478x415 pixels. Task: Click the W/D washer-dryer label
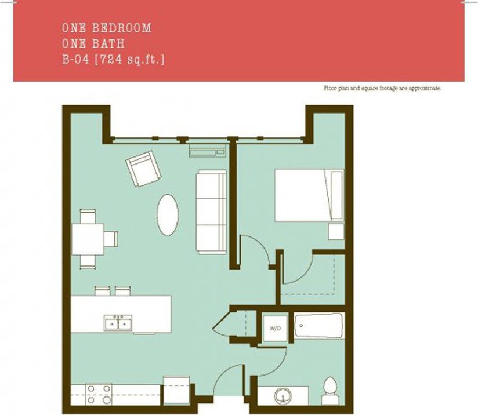tap(274, 329)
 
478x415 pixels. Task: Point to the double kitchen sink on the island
tap(118, 322)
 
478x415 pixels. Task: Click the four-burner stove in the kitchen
tap(99, 394)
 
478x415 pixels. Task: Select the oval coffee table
tap(168, 214)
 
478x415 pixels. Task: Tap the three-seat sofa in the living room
tap(211, 212)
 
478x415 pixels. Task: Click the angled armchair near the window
tap(142, 169)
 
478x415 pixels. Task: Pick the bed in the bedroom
tap(308, 195)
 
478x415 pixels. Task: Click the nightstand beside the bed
tap(336, 231)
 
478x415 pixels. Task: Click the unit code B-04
tap(75, 59)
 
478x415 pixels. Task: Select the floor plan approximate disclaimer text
tap(382, 88)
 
